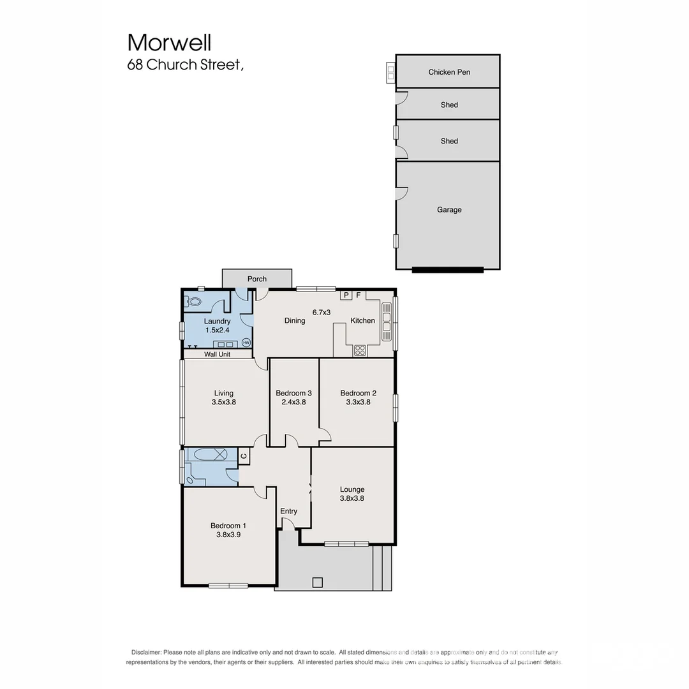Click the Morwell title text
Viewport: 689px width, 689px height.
pos(169,43)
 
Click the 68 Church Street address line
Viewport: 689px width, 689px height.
pos(185,65)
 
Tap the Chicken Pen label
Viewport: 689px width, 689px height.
pos(449,72)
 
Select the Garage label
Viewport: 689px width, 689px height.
pos(449,210)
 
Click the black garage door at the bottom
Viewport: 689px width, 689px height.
pos(448,270)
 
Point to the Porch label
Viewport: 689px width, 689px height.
pos(257,279)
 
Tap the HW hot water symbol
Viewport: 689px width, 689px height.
pos(246,342)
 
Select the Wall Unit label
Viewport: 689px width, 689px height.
pos(217,354)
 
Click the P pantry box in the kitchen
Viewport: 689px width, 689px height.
pos(346,295)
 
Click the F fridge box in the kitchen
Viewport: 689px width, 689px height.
pos(359,295)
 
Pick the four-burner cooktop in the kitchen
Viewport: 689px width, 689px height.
pos(360,350)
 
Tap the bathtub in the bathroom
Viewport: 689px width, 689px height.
pos(211,455)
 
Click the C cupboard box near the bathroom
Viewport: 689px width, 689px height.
pos(243,456)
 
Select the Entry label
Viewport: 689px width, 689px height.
pos(288,511)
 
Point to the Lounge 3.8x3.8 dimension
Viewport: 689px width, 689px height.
pos(352,499)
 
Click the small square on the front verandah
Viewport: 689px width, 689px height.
pos(317,582)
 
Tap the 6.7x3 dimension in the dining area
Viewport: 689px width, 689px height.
pos(321,313)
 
